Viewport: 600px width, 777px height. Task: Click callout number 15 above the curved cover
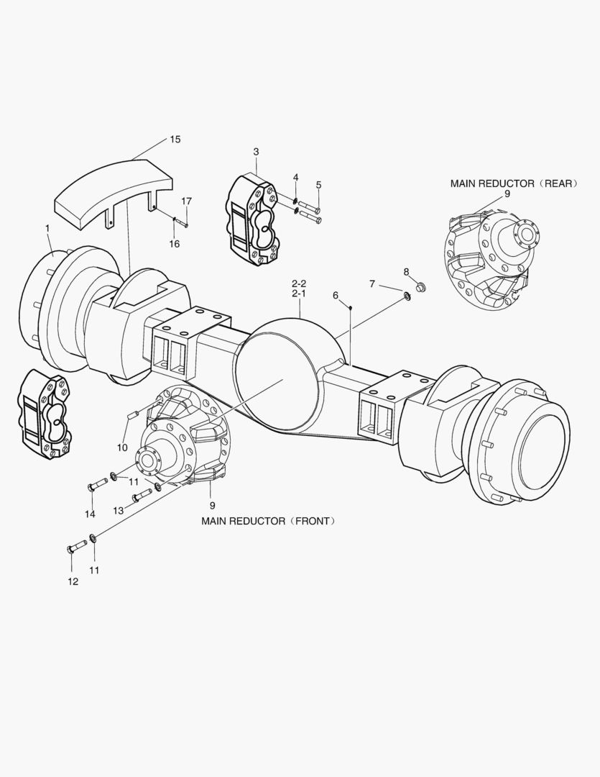tap(175, 139)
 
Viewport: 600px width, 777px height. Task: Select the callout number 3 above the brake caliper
tap(256, 152)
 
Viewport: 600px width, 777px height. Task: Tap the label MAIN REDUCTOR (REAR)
tap(514, 183)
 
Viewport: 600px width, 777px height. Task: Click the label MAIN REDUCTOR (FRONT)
tap(268, 521)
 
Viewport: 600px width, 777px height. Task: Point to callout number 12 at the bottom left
tap(73, 581)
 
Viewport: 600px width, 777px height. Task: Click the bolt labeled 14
tap(97, 486)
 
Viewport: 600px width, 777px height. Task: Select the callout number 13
tap(118, 510)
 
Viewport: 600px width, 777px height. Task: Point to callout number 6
tap(335, 295)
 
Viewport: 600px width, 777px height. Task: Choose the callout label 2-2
tap(299, 283)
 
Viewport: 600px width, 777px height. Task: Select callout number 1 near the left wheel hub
tap(47, 228)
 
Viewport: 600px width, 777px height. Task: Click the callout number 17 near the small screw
tap(186, 201)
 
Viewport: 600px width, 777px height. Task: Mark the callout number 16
tap(174, 244)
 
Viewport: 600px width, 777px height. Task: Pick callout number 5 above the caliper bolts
tap(318, 185)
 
